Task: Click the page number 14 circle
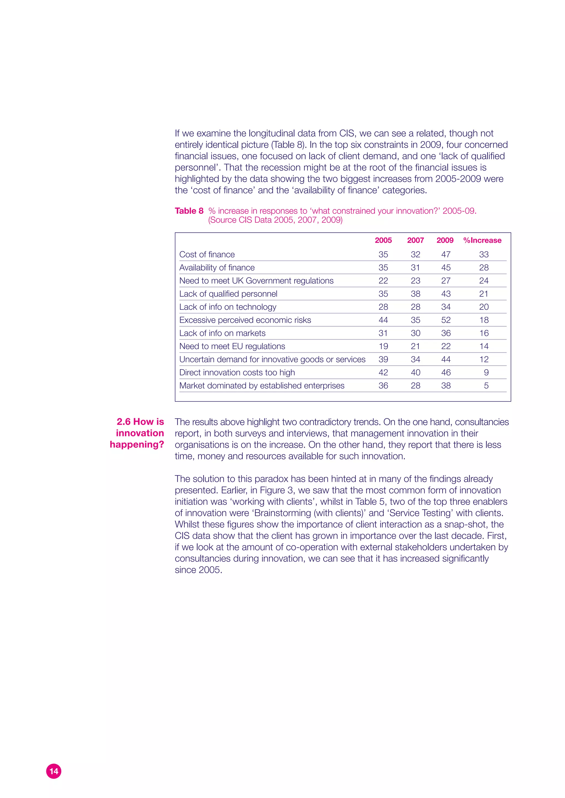click(x=54, y=771)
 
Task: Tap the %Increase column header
click(x=482, y=240)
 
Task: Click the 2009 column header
click(x=445, y=240)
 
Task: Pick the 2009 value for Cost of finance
click(x=446, y=254)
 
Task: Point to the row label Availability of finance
click(x=217, y=268)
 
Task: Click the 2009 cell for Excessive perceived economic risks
click(x=446, y=320)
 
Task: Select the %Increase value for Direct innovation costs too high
click(x=486, y=373)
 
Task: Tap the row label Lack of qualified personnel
click(x=228, y=294)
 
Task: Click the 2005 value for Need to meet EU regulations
click(x=383, y=347)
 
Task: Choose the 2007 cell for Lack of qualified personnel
click(x=415, y=294)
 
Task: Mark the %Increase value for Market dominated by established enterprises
click(x=486, y=386)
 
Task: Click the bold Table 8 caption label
click(x=189, y=211)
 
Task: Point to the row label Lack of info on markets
click(x=222, y=333)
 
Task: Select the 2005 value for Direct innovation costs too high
click(x=383, y=373)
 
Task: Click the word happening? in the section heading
click(x=137, y=444)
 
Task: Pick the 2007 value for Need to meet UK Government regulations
click(x=415, y=281)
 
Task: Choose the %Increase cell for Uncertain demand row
click(x=484, y=359)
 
